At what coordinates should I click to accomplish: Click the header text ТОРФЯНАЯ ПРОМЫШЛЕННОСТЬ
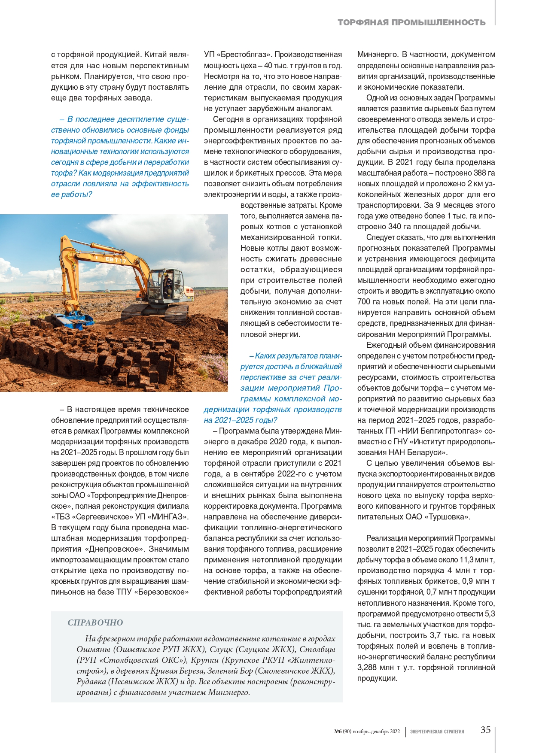point(411,22)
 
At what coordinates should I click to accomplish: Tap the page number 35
point(485,730)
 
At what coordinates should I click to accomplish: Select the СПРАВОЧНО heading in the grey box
point(95,622)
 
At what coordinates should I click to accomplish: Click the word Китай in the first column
point(155,55)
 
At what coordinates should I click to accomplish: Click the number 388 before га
point(479,173)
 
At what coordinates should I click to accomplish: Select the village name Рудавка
point(91,682)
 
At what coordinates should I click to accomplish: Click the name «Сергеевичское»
point(110,517)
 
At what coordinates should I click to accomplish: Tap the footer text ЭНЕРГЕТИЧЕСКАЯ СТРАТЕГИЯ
point(437,732)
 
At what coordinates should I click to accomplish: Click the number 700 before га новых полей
point(364,302)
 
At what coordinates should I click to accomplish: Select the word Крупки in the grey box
point(205,660)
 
